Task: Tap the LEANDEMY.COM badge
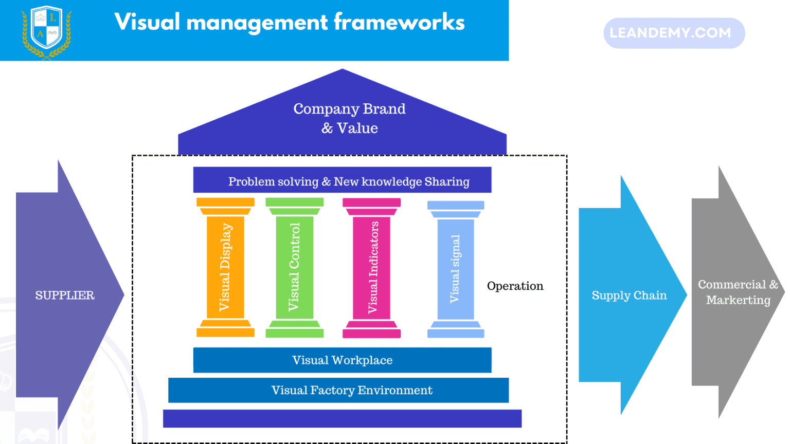pyautogui.click(x=674, y=33)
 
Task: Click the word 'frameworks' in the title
pyautogui.click(x=399, y=23)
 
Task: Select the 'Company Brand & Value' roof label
pyautogui.click(x=349, y=118)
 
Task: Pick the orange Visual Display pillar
pyautogui.click(x=225, y=267)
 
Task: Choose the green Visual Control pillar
pyautogui.click(x=294, y=267)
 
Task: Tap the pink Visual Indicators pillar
pyautogui.click(x=372, y=267)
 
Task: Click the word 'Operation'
pyautogui.click(x=515, y=286)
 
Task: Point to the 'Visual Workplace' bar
pyautogui.click(x=342, y=360)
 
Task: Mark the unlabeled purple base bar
pyautogui.click(x=342, y=418)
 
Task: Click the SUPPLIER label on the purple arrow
pyautogui.click(x=65, y=295)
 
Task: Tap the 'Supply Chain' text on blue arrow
pyautogui.click(x=629, y=295)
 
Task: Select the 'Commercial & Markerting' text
pyautogui.click(x=738, y=292)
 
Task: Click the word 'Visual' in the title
pyautogui.click(x=148, y=23)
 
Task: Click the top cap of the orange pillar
pyautogui.click(x=225, y=202)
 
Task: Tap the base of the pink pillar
pyautogui.click(x=371, y=333)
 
